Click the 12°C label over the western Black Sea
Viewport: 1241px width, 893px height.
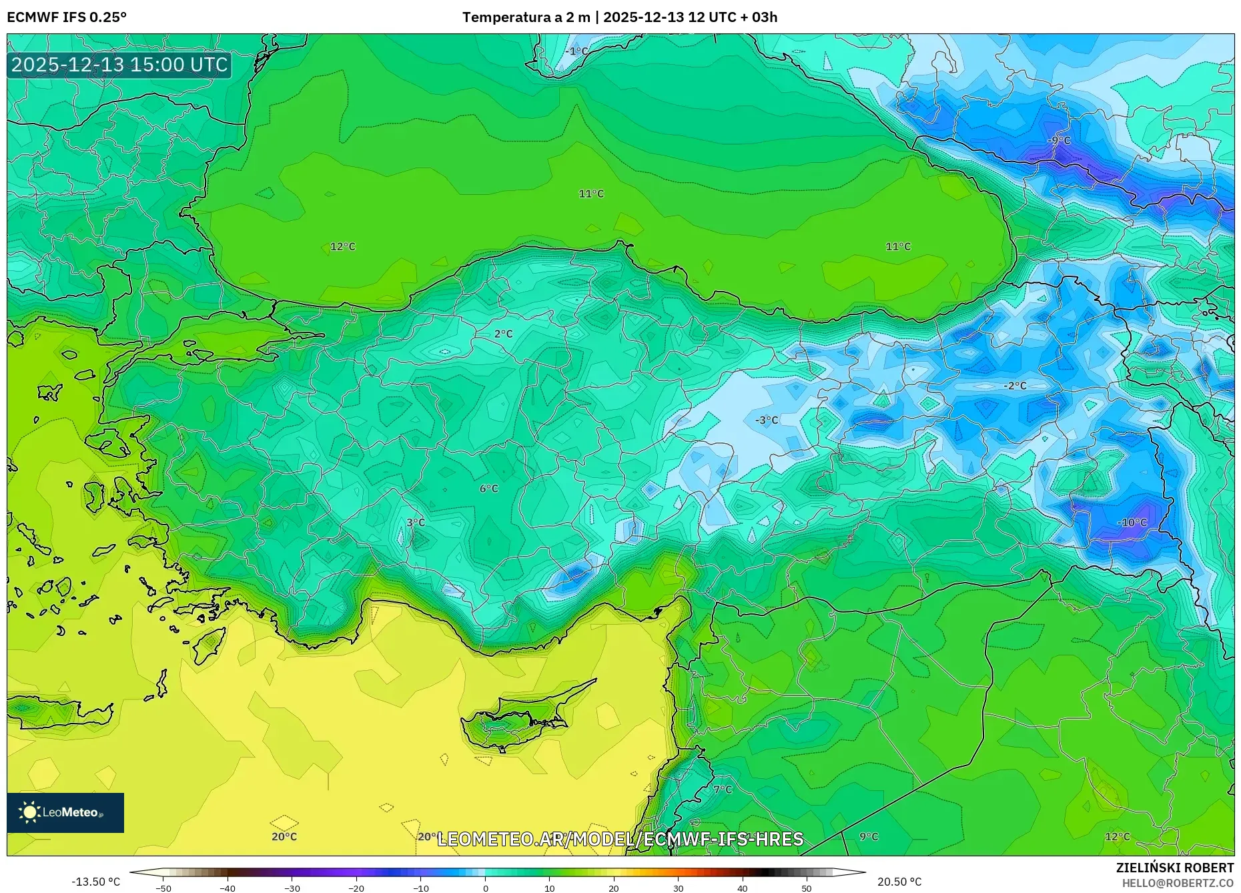tap(343, 247)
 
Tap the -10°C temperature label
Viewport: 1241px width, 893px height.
tap(1132, 523)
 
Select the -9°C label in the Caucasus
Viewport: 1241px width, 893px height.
tap(1059, 141)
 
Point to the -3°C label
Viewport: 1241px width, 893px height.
tap(767, 420)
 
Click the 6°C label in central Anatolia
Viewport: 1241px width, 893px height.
tap(489, 489)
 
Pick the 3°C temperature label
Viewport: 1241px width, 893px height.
tap(416, 523)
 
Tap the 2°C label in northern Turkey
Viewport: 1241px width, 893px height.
tap(504, 334)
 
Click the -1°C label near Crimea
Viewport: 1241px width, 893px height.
tap(577, 51)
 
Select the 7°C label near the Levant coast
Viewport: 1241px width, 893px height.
tap(723, 790)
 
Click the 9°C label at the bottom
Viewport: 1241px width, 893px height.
tap(869, 837)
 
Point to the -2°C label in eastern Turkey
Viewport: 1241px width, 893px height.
tap(1015, 386)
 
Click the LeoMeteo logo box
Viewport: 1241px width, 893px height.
tap(65, 812)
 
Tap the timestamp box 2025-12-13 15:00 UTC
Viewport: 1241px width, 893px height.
tap(119, 65)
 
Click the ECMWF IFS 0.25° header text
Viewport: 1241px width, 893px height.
tap(67, 17)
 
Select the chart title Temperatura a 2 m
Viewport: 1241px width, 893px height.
tap(526, 17)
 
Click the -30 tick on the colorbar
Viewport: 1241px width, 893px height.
tap(292, 888)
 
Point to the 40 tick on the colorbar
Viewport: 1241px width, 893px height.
tap(743, 888)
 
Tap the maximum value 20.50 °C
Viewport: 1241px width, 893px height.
tap(899, 882)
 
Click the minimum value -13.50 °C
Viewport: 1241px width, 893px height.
tap(96, 882)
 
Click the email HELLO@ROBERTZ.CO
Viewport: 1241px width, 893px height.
tap(1178, 883)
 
